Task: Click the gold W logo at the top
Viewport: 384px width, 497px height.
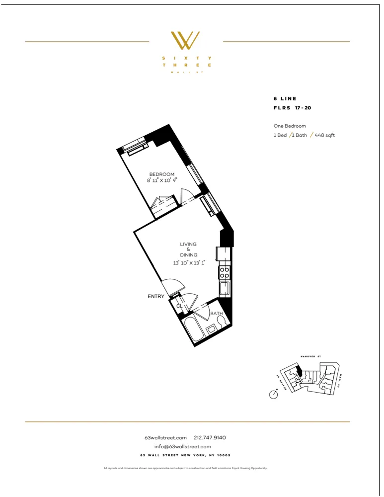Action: pyautogui.click(x=185, y=40)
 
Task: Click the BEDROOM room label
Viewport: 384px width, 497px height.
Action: pyautogui.click(x=162, y=174)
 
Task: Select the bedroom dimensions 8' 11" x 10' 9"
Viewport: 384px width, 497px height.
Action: pyautogui.click(x=162, y=180)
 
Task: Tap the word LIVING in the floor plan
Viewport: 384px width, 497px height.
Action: pyautogui.click(x=188, y=244)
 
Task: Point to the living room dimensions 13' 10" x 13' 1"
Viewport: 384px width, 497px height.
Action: pyautogui.click(x=189, y=262)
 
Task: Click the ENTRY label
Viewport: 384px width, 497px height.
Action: pyautogui.click(x=156, y=296)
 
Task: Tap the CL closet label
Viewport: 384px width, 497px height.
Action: pyautogui.click(x=179, y=306)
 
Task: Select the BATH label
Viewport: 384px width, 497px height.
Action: pyautogui.click(x=216, y=314)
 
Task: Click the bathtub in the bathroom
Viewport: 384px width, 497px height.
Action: pyautogui.click(x=193, y=330)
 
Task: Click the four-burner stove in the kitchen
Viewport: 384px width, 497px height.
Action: pyautogui.click(x=225, y=272)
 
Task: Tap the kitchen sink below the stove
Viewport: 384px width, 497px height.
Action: pyautogui.click(x=225, y=288)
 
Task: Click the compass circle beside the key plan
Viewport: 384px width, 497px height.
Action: pyautogui.click(x=273, y=395)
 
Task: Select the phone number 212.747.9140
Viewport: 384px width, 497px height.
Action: pyautogui.click(x=210, y=438)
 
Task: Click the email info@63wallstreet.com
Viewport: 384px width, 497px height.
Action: pyautogui.click(x=183, y=447)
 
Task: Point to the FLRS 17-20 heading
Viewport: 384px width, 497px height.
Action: pyautogui.click(x=292, y=107)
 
